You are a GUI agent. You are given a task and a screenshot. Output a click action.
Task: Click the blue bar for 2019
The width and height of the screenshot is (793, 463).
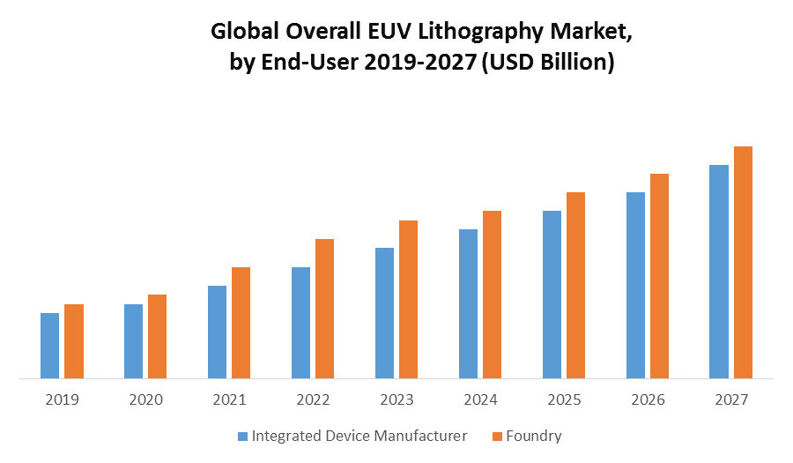(x=49, y=346)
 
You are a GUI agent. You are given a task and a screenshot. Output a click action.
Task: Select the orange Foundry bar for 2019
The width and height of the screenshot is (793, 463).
(x=74, y=341)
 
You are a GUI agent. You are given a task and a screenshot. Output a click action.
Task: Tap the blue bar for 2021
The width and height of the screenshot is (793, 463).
(x=217, y=332)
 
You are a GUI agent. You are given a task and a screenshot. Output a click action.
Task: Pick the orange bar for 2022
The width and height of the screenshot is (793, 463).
(x=324, y=309)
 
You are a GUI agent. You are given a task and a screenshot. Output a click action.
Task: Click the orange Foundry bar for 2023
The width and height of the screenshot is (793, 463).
(x=408, y=300)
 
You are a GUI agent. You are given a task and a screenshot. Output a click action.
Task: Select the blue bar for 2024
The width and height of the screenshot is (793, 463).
(x=468, y=303)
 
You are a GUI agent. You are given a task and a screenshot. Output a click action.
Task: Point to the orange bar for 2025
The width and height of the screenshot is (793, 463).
(x=575, y=286)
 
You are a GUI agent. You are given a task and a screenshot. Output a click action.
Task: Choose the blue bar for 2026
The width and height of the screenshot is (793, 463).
(x=635, y=286)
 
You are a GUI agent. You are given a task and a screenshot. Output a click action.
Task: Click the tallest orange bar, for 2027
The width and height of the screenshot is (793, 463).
(x=743, y=263)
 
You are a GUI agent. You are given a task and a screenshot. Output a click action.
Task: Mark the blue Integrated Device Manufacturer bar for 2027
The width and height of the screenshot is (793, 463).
(x=719, y=272)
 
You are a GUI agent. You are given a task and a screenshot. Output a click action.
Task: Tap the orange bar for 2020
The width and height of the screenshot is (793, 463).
(x=157, y=336)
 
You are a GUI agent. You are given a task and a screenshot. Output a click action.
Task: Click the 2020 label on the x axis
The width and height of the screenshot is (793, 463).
(x=145, y=400)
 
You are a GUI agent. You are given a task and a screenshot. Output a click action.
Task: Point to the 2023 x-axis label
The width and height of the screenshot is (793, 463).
(x=396, y=400)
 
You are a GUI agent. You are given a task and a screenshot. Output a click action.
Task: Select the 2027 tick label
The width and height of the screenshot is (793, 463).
(x=731, y=400)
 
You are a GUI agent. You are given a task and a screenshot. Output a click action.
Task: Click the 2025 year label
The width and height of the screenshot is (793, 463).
(x=564, y=400)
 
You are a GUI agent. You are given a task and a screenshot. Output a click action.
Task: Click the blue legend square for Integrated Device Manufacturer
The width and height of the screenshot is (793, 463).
(x=243, y=436)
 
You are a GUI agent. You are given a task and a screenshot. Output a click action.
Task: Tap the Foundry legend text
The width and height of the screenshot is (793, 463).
(x=535, y=436)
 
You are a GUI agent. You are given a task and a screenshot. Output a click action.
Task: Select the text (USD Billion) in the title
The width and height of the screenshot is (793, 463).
(x=548, y=63)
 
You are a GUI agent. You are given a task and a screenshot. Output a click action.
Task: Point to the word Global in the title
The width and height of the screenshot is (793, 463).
(x=241, y=33)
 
